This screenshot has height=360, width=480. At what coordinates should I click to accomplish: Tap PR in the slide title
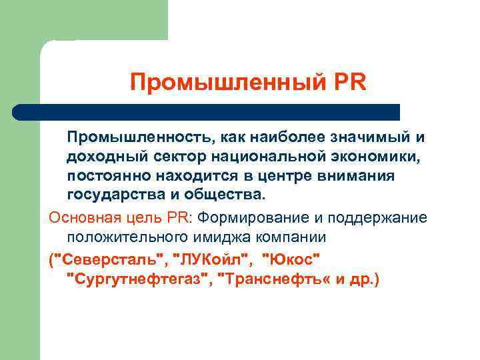tap(349, 83)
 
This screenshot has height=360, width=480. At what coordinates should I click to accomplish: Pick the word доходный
tap(101, 157)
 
